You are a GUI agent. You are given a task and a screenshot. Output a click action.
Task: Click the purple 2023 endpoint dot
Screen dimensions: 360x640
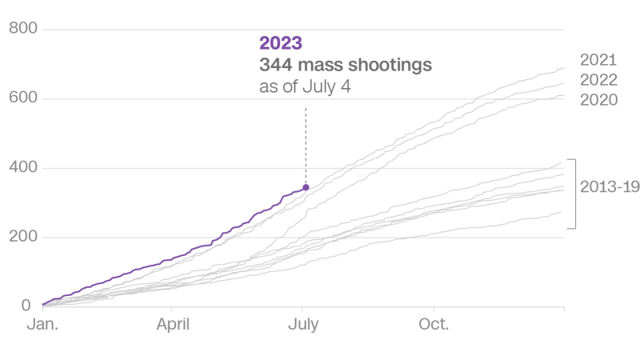click(x=306, y=187)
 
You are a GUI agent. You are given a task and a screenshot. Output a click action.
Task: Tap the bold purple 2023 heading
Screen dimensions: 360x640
click(x=281, y=43)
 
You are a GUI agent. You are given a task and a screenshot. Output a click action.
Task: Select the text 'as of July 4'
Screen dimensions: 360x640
click(x=305, y=86)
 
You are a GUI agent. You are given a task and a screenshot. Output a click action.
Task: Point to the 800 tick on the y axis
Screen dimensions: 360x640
click(x=24, y=30)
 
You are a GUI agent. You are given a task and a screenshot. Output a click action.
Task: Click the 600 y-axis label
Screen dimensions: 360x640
click(x=24, y=98)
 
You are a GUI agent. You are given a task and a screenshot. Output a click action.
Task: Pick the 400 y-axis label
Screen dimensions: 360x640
click(x=24, y=168)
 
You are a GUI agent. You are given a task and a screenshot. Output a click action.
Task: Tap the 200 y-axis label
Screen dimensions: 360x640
click(x=24, y=237)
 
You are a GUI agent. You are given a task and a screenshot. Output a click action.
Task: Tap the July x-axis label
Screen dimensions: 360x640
click(x=305, y=326)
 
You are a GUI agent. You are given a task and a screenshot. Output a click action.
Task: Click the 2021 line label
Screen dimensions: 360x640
click(x=598, y=58)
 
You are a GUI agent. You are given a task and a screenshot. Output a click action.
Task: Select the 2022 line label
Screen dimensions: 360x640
click(x=598, y=79)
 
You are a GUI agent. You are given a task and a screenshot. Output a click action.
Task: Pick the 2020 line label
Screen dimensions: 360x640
click(x=598, y=100)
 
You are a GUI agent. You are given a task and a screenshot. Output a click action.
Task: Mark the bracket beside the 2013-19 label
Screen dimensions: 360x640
click(x=574, y=194)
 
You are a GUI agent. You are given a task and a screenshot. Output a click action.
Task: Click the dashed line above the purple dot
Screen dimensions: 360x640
click(x=306, y=144)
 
